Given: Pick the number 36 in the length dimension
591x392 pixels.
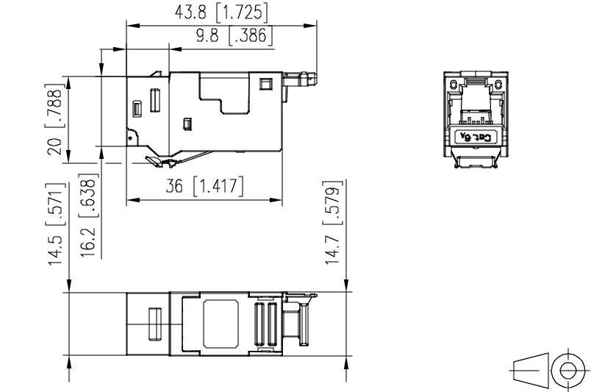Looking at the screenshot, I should click(x=175, y=187).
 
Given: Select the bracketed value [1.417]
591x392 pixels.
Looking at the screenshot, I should click(x=218, y=187).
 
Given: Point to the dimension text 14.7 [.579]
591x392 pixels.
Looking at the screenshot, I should click(x=333, y=221).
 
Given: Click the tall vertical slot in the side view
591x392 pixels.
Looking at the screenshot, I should click(x=155, y=99).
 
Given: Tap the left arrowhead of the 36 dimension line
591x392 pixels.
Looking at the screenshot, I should click(x=130, y=199).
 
